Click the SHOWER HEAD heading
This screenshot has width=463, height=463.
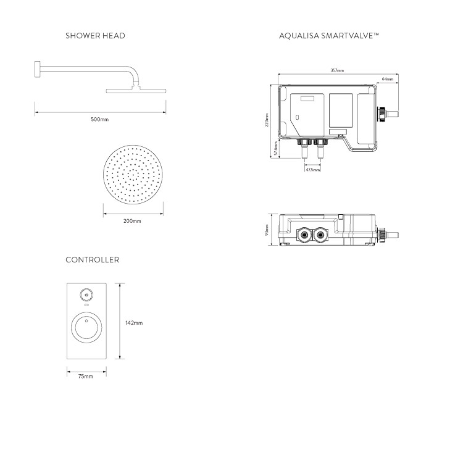95,36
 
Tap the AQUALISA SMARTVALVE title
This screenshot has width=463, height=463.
328,36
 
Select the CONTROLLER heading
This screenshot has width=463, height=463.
93,260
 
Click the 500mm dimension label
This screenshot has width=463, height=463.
99,119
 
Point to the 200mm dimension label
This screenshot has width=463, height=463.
132,221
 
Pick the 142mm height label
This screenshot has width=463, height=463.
133,323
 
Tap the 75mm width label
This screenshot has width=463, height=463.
86,376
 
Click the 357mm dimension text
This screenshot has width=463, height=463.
337,70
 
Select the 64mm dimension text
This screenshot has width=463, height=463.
388,80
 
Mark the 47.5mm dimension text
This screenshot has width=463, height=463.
313,169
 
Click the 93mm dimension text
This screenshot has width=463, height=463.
267,230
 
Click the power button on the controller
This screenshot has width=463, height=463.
86,295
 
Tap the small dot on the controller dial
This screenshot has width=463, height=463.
86,320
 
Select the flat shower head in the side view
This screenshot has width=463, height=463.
136,91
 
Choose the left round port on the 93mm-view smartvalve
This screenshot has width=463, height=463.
304,235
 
